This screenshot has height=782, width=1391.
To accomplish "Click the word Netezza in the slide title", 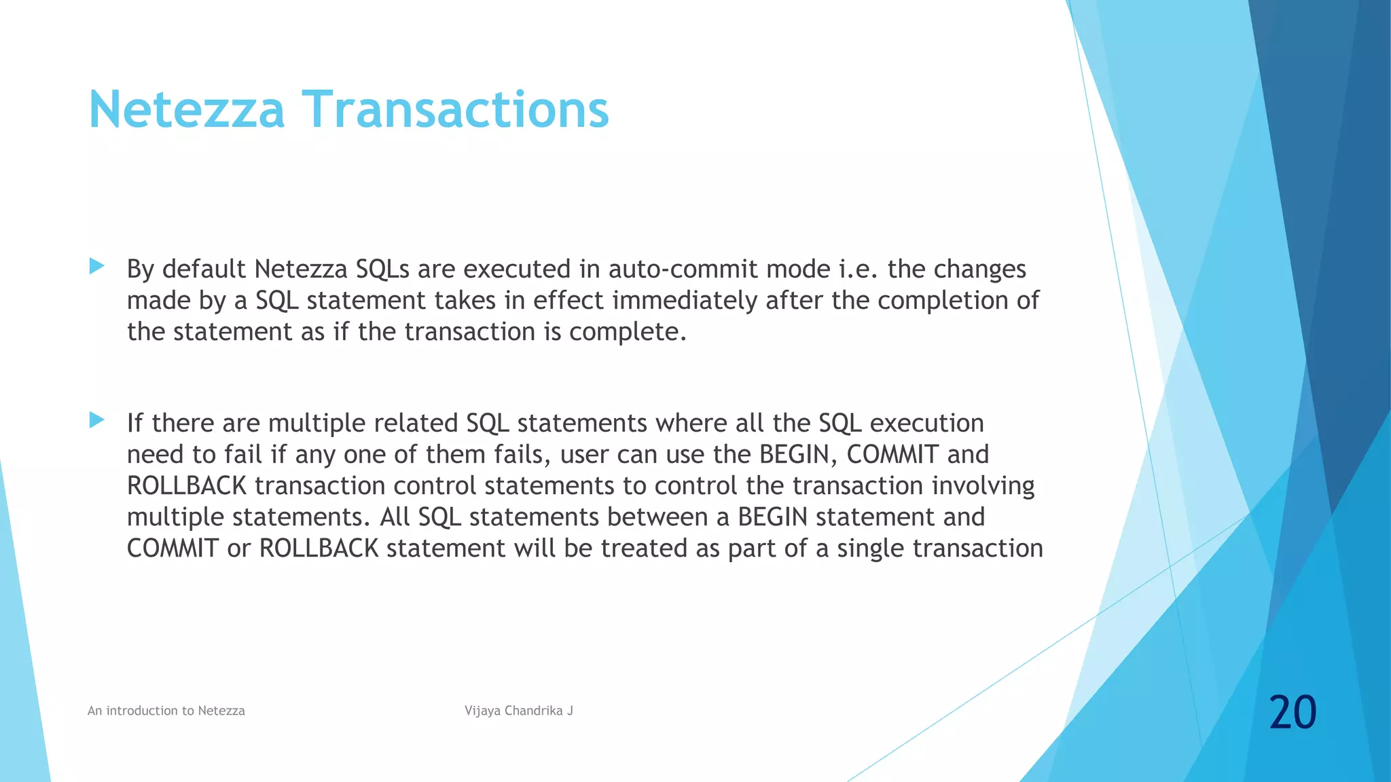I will coord(186,109).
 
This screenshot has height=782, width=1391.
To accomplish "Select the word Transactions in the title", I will coord(455,109).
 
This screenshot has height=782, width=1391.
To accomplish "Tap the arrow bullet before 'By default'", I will coord(96,266).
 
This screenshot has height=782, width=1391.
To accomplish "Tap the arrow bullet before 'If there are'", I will coord(96,420).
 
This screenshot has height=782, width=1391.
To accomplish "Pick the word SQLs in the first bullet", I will coord(382,269).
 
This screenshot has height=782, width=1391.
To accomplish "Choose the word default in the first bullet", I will coord(204,269).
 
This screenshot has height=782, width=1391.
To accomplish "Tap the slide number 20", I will coord(1293,712).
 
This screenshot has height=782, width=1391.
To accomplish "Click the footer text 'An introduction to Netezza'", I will coord(166,711).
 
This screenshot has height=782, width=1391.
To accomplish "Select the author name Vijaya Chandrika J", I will coord(519,711).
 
